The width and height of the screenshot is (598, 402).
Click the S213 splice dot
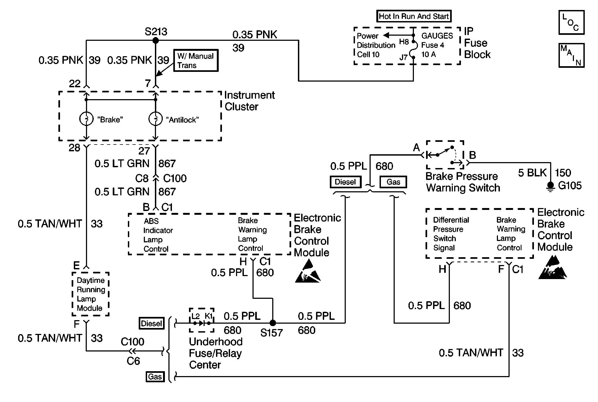tap(155, 41)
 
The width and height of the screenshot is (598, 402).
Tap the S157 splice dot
tap(273, 323)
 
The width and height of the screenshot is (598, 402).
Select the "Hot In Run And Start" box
tap(414, 16)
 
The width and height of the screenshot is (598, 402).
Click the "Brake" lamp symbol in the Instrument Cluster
tap(86, 119)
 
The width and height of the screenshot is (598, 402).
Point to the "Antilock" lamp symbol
tap(155, 119)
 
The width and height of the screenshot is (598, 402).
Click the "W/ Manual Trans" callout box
tap(196, 61)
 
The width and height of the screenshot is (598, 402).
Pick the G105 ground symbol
tap(550, 187)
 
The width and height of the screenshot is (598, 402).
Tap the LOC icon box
tap(572, 22)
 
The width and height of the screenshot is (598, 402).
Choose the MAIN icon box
tap(572, 55)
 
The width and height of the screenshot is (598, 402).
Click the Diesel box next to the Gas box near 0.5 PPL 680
tap(345, 182)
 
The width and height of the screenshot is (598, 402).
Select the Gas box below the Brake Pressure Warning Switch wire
tap(393, 182)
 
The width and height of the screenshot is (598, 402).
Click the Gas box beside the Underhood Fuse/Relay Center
tap(155, 376)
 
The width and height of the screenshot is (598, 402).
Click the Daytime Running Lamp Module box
tap(91, 294)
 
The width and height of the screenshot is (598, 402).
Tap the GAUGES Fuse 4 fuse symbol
tap(413, 49)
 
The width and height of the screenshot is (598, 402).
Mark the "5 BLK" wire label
tap(532, 173)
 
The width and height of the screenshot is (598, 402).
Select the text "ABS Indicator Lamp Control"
tap(158, 235)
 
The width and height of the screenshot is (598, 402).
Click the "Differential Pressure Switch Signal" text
tap(451, 234)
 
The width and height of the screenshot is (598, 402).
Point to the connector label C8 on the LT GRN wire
tap(142, 179)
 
